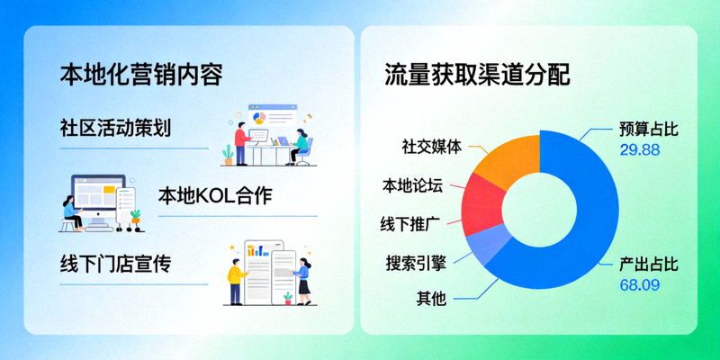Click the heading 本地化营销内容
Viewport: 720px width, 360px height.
[141, 74]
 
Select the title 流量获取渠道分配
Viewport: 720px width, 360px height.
[477, 74]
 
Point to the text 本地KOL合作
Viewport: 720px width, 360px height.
[215, 196]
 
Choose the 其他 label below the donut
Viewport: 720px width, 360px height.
[431, 298]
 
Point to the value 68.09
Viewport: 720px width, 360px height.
[640, 286]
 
